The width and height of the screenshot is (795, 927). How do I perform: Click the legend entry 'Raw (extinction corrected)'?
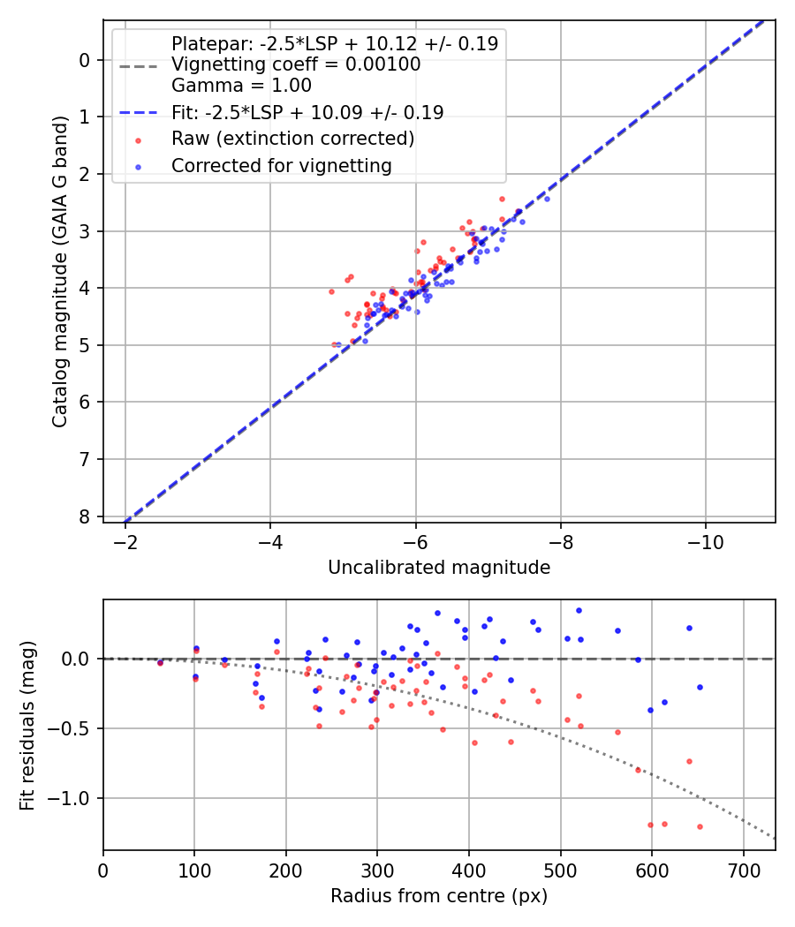tap(292, 139)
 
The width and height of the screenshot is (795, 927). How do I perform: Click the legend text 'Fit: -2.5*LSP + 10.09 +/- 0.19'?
tap(307, 112)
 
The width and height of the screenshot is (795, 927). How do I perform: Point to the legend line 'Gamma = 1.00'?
tap(241, 86)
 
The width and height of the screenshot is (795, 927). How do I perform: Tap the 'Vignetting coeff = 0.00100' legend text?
tap(296, 64)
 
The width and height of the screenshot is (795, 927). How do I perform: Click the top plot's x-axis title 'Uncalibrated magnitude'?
tap(439, 568)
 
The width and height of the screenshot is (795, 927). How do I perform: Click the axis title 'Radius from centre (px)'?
tap(439, 896)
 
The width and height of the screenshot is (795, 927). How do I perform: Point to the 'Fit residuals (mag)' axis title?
tap(27, 725)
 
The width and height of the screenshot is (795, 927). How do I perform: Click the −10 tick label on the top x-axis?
tap(704, 542)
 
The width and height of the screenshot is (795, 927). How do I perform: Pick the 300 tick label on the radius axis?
tap(377, 870)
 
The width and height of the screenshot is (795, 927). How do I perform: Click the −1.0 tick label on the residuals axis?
tap(73, 798)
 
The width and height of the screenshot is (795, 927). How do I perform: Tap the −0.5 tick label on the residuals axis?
tap(73, 728)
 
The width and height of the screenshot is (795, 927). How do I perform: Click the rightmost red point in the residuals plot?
tap(700, 826)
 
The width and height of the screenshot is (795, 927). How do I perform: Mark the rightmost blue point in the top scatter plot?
tap(547, 199)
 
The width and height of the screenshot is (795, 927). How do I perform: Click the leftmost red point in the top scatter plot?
tap(332, 291)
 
